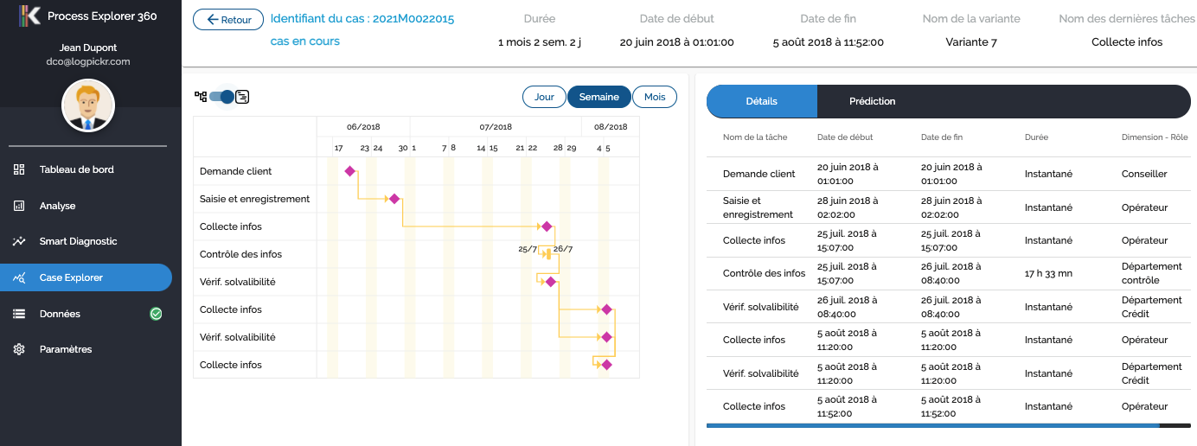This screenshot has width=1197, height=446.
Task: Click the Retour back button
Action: (x=228, y=20)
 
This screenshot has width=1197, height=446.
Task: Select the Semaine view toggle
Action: (x=598, y=97)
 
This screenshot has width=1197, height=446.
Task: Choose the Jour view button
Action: (x=544, y=97)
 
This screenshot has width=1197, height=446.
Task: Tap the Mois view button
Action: (x=655, y=97)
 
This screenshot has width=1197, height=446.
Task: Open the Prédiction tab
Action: (x=872, y=101)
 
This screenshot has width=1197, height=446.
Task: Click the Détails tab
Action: (x=762, y=101)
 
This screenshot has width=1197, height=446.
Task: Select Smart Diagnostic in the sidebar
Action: (x=78, y=241)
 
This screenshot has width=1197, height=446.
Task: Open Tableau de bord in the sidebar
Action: (x=76, y=169)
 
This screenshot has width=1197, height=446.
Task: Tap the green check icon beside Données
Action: (x=156, y=314)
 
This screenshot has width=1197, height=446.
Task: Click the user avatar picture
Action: (x=88, y=105)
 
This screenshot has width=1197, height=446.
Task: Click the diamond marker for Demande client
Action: (x=350, y=171)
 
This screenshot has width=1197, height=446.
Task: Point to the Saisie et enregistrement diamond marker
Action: (x=394, y=199)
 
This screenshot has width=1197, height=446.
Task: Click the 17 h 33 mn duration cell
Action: (x=1048, y=274)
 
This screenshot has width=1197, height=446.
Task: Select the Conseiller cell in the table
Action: (x=1144, y=174)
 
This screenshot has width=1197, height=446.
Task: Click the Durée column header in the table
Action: (x=1036, y=137)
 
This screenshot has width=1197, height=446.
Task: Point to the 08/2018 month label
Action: (x=610, y=127)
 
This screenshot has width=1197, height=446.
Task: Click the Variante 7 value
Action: (x=970, y=41)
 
